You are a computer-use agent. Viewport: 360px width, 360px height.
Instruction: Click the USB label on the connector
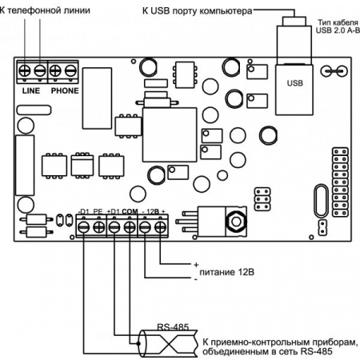(x=295, y=83)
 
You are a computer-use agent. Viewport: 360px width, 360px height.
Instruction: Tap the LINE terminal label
(x=31, y=91)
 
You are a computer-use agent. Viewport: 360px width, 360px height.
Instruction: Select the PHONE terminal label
(x=65, y=91)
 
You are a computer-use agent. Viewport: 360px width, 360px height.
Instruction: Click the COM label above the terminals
(x=130, y=211)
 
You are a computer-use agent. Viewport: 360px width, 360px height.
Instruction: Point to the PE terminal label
(x=98, y=211)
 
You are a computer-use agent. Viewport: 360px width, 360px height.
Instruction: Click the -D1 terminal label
(x=83, y=211)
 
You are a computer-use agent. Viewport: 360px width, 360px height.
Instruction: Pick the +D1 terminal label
(x=114, y=211)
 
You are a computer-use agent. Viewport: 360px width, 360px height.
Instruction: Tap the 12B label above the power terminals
(x=153, y=211)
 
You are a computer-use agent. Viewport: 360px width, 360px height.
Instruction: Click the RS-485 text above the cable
(x=173, y=327)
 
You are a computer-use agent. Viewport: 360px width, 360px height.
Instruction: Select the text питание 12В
(x=226, y=272)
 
